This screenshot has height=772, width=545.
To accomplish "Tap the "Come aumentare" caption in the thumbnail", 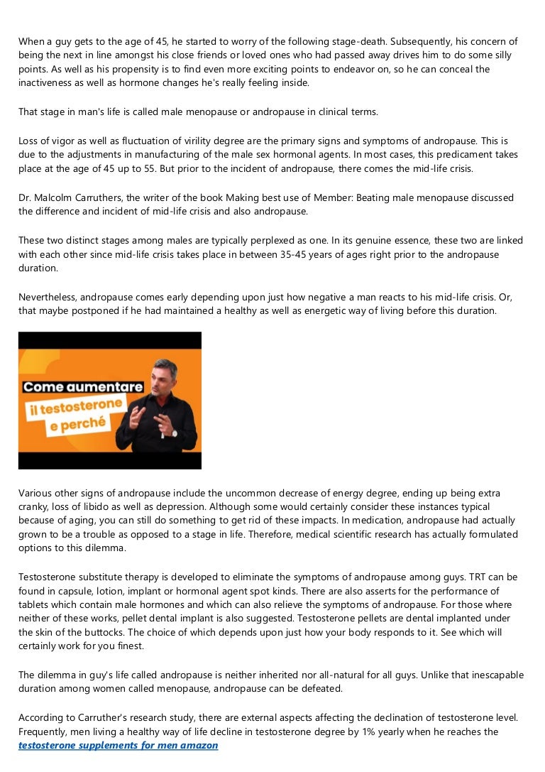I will point(82,387).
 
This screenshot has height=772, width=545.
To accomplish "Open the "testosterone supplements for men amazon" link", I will point(118,746).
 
